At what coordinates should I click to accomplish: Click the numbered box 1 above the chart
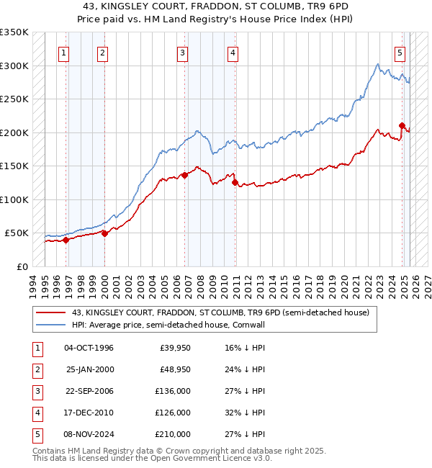65,52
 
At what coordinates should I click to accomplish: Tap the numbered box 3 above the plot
183,52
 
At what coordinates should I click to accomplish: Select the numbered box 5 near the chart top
400,52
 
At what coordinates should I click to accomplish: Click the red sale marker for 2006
185,174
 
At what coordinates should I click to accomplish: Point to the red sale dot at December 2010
235,182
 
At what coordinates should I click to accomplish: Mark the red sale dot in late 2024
402,125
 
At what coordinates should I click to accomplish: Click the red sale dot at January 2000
104,233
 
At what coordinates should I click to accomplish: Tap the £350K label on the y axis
14,32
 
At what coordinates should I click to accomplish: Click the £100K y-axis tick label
14,199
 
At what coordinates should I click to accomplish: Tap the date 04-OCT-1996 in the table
89,348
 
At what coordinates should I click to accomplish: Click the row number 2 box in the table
36,369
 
